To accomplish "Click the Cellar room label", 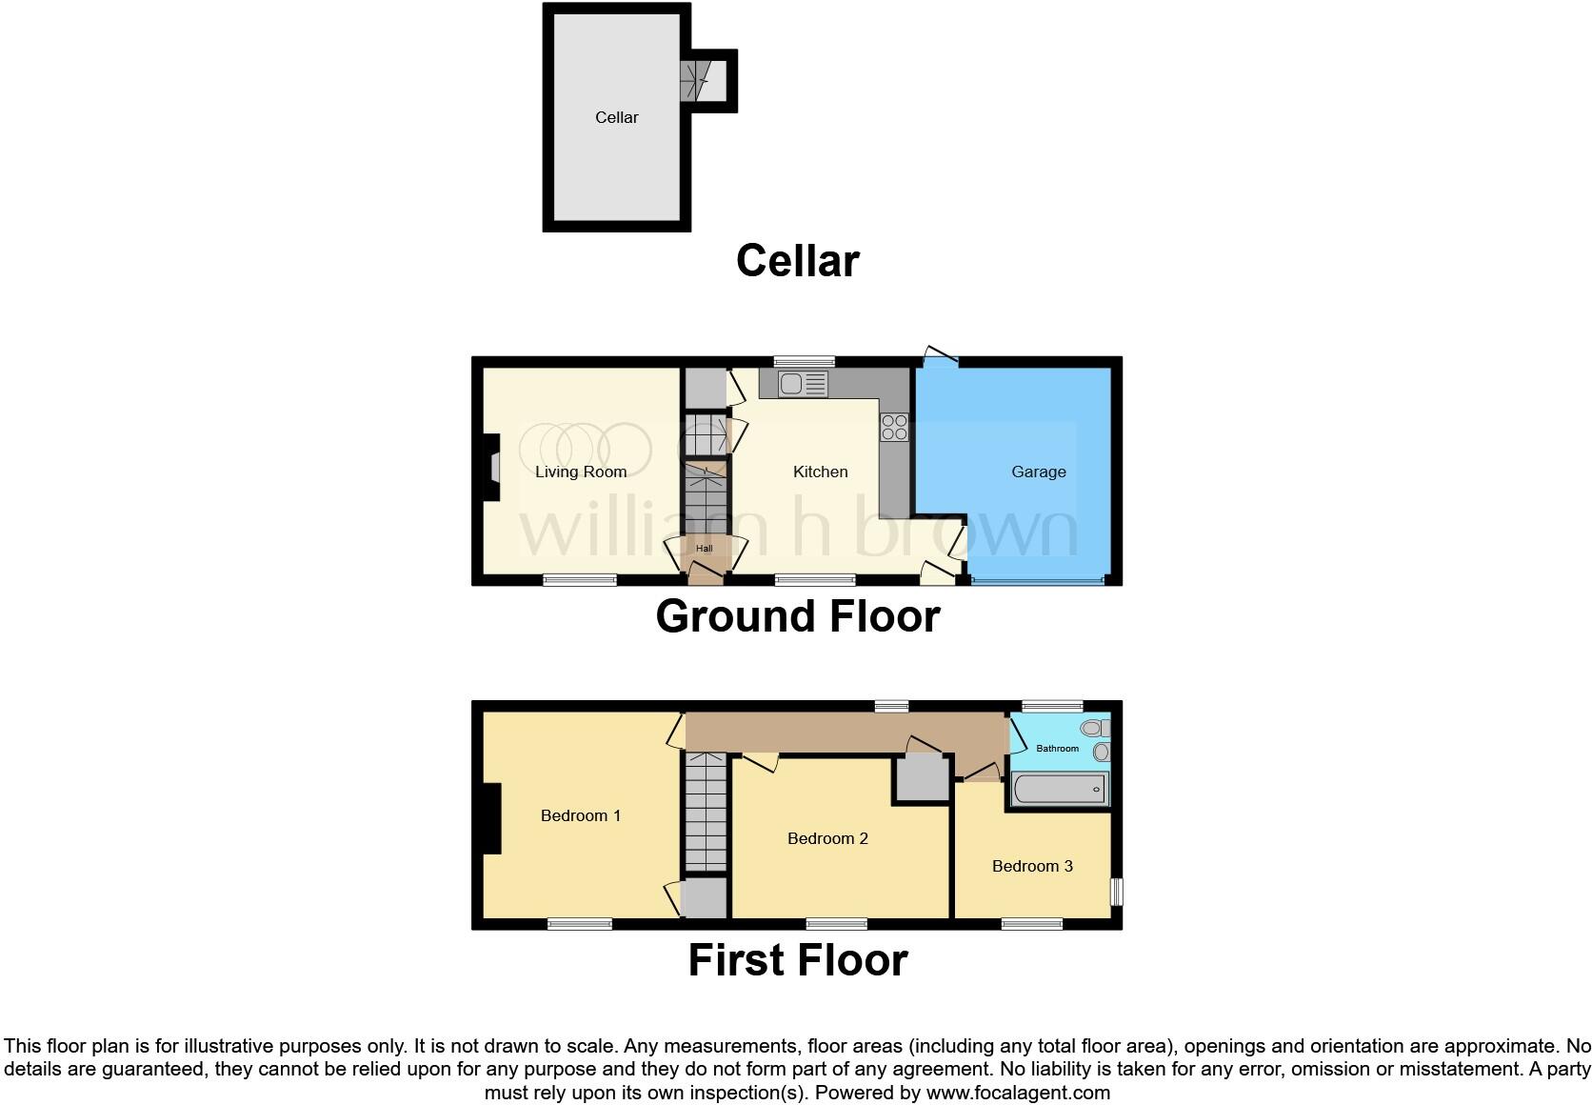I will [616, 117].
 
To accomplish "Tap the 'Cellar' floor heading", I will [797, 261].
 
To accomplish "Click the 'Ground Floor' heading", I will [797, 616].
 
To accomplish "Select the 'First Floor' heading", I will [797, 960].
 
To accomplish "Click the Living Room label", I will [580, 472].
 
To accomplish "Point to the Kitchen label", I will [820, 472].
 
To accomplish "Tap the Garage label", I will [1038, 472].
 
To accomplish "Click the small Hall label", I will [704, 549].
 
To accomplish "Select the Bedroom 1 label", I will [580, 815].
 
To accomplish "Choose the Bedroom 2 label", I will [827, 838].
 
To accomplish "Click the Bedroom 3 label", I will [1032, 866].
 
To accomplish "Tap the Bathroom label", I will [1057, 749].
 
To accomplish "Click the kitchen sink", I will [803, 384].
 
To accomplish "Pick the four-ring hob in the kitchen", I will [894, 427].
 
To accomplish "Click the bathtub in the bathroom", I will [1060, 790].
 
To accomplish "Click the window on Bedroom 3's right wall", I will [1117, 892].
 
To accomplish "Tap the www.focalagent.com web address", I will [1018, 1093].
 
